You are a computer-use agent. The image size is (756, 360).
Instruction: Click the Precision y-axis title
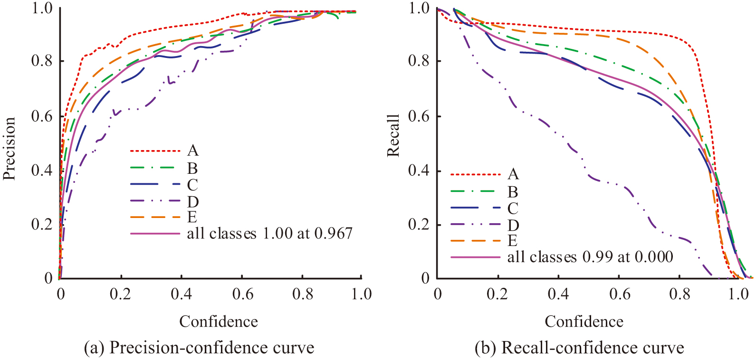tap(10, 148)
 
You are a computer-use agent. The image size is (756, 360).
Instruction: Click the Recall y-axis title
tap(393, 135)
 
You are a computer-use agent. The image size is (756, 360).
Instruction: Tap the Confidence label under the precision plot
tap(219, 322)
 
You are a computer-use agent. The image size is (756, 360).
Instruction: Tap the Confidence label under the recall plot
tap(584, 322)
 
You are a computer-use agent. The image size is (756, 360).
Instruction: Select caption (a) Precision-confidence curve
tap(199, 348)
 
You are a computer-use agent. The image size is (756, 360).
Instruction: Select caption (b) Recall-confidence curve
tap(579, 348)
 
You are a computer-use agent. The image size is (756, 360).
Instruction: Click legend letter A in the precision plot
tap(192, 151)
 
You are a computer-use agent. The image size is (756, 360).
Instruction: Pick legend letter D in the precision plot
tap(192, 202)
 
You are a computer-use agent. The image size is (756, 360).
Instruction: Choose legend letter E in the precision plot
tap(192, 217)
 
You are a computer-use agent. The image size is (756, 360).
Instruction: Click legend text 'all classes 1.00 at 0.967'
tap(269, 233)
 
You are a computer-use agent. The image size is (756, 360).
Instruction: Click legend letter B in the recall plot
tap(513, 192)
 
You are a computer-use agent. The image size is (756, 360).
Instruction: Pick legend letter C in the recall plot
tap(513, 208)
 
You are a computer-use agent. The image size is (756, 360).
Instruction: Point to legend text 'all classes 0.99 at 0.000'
tap(590, 257)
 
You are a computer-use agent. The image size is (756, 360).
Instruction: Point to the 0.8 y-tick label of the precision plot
tap(42, 61)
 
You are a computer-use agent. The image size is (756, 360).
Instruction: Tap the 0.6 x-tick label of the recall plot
tap(619, 294)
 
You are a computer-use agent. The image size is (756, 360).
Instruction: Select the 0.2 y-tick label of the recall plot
tap(419, 224)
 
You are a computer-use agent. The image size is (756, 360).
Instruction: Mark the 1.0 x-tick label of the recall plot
tap(738, 294)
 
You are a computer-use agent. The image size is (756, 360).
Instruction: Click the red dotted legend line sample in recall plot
tap(476, 174)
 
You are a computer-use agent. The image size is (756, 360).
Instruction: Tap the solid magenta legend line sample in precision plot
tap(155, 233)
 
